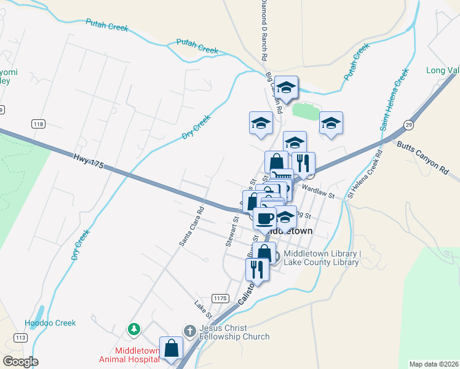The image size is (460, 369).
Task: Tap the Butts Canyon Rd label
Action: [x=422, y=156]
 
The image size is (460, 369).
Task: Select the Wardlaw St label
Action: [x=317, y=193]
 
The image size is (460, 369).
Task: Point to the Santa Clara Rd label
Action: [x=191, y=225]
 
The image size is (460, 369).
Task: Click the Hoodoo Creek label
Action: [x=50, y=323]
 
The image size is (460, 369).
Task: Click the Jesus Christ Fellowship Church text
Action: [x=235, y=332]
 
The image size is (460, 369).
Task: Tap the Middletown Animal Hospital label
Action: [x=129, y=355]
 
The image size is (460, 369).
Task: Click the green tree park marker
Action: [x=133, y=330]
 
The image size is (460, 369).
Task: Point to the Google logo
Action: [x=20, y=362]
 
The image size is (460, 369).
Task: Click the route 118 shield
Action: [x=39, y=124]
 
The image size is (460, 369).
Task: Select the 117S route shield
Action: [x=220, y=298]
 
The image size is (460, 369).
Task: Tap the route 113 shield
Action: [x=20, y=338]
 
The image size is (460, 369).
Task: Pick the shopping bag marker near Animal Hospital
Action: [x=171, y=348]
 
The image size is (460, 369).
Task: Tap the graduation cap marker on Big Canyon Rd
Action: [x=286, y=87]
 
